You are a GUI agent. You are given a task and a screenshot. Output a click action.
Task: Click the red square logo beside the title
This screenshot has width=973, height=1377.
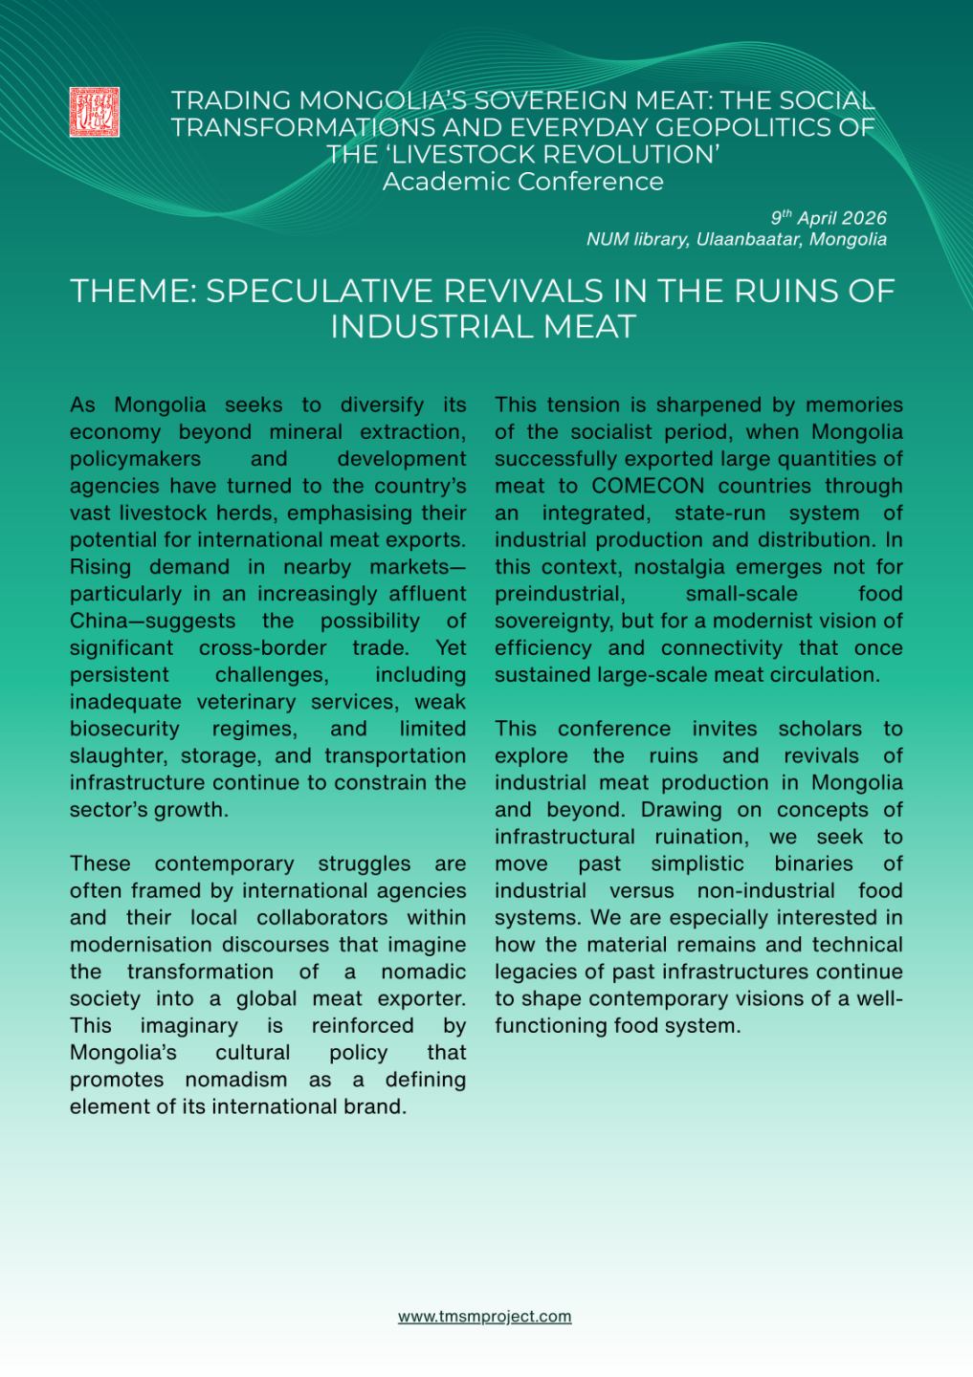[95, 111]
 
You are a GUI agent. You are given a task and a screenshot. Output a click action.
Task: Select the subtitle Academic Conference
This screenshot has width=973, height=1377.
[522, 182]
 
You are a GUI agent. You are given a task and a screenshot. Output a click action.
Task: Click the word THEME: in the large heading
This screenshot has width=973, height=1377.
[133, 291]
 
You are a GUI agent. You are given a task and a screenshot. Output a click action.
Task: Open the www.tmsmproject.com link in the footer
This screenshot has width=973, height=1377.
[484, 1317]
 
